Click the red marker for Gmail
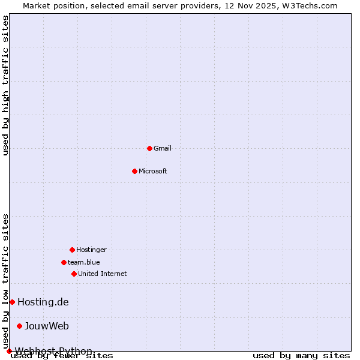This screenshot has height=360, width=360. (149, 148)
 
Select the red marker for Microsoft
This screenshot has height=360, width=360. (134, 171)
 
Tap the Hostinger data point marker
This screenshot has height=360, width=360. (72, 250)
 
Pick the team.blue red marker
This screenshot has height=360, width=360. (64, 262)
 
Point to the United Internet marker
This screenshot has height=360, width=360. (74, 274)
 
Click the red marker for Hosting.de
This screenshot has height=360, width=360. (12, 302)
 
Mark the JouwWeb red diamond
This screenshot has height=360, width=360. (19, 326)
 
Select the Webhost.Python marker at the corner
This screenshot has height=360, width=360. (9, 351)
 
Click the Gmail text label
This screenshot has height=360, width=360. (163, 148)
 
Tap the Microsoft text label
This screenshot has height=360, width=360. (153, 171)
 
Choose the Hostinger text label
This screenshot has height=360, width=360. (91, 250)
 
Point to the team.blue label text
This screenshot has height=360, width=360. (84, 262)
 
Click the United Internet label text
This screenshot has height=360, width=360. (103, 274)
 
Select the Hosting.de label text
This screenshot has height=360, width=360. (43, 302)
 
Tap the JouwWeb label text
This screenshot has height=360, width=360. (47, 326)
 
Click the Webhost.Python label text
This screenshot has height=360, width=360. (54, 350)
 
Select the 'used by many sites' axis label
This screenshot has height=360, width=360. (301, 356)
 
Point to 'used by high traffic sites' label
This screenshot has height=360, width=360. (6, 85)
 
